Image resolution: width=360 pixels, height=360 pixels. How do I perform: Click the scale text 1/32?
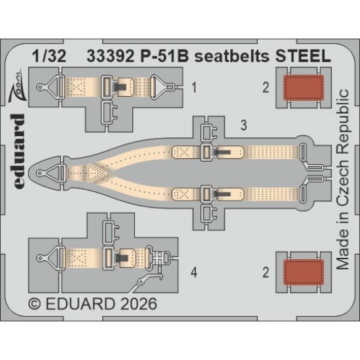[49, 56]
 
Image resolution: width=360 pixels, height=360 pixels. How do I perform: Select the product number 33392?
[111, 56]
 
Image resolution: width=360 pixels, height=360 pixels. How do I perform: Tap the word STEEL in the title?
[303, 56]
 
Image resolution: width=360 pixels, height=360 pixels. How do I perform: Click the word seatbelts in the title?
[232, 56]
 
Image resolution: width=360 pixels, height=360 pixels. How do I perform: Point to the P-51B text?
[164, 56]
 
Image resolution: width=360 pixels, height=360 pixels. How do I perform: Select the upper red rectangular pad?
[304, 88]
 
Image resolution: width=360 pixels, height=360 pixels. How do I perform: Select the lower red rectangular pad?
[304, 272]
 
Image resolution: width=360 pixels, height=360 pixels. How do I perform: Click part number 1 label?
[194, 88]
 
